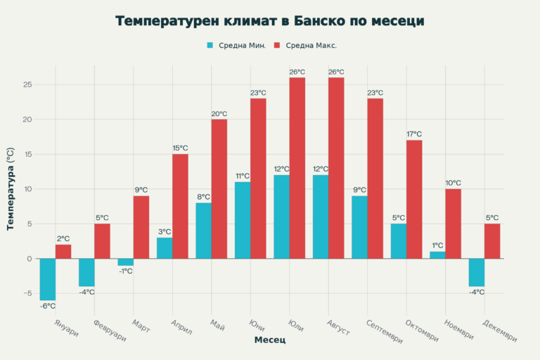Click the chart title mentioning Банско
coord(270,21)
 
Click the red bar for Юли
coord(297,168)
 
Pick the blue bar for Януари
coord(48,279)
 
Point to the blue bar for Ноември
coord(437,255)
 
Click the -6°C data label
coord(47,306)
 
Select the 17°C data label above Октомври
coord(414,134)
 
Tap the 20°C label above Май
coord(219,114)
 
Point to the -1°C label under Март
coord(125,271)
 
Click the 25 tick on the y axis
coord(27,85)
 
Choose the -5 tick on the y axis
coord(27,293)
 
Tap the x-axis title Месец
coord(270,340)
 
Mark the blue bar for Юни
coord(243,220)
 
